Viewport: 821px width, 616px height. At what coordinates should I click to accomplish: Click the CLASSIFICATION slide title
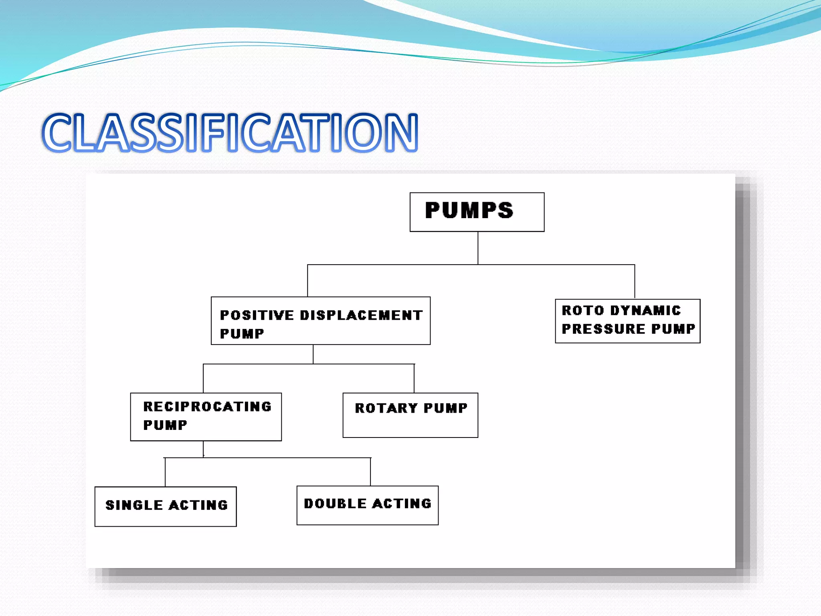point(230,133)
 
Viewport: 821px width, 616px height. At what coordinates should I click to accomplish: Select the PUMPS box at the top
point(477,212)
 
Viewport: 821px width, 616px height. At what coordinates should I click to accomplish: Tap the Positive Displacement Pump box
point(320,320)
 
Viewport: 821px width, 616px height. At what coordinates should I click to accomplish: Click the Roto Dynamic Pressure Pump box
point(627,321)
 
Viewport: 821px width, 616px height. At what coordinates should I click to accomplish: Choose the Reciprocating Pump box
point(206,417)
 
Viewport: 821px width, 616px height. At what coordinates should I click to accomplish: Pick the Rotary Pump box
point(410,415)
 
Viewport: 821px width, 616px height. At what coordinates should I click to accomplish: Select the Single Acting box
point(166,506)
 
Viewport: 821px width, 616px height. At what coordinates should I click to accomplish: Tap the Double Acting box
point(367,505)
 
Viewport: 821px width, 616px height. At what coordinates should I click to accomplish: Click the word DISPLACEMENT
point(361,315)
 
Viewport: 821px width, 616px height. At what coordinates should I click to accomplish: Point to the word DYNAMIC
point(645,310)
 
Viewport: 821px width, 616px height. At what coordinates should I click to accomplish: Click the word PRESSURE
point(603,329)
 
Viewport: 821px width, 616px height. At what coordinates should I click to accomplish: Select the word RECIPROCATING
point(207,407)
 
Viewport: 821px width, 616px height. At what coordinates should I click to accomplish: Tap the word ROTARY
point(386,408)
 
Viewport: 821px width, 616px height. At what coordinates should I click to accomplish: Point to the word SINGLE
point(134,505)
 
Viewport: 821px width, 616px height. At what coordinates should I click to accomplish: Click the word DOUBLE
point(335,504)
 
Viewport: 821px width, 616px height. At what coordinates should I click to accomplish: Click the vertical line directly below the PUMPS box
point(477,248)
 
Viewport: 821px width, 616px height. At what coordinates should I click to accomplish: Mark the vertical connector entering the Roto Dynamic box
point(635,282)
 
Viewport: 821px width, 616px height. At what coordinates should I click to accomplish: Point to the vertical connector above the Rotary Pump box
point(414,378)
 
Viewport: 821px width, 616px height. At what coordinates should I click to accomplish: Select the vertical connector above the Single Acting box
point(165,472)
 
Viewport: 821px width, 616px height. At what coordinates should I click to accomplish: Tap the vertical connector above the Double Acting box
point(370,472)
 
